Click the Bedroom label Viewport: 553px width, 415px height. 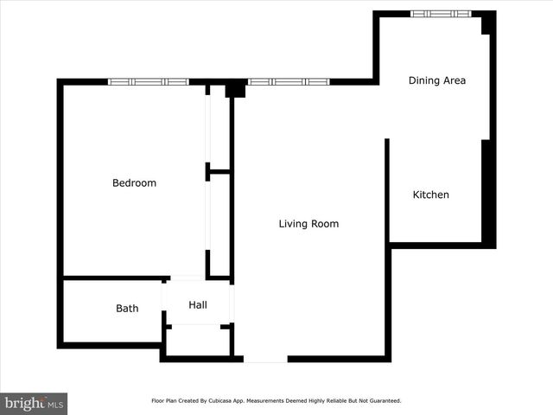pos(134,182)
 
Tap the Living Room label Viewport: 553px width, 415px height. pos(308,224)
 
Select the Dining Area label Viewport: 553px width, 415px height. pos(436,80)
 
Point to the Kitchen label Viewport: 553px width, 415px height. pos(430,195)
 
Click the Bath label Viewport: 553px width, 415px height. pos(127,309)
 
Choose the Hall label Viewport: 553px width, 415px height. pos(198,304)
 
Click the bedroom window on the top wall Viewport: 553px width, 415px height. pos(148,82)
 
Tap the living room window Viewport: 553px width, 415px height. pos(289,82)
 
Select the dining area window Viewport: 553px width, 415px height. pos(440,14)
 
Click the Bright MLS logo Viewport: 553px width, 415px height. pos(34,403)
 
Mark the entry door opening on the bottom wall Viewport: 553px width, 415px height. pos(265,359)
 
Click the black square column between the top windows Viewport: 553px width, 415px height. pos(235,90)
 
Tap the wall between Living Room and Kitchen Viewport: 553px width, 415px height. pos(387,190)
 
